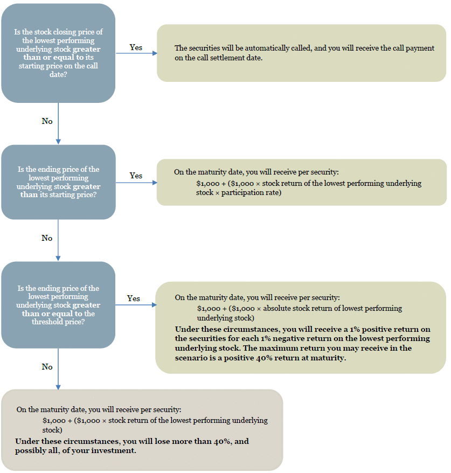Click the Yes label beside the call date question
pos(136,47)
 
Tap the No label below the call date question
pos(47,121)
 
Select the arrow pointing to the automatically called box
pos(137,53)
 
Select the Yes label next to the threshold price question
pos(133,298)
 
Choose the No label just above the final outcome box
pos(47,367)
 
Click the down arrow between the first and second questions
pos(58,123)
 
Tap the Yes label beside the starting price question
pos(136,176)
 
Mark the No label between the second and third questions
pos(47,238)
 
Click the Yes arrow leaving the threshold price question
pos(136,305)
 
